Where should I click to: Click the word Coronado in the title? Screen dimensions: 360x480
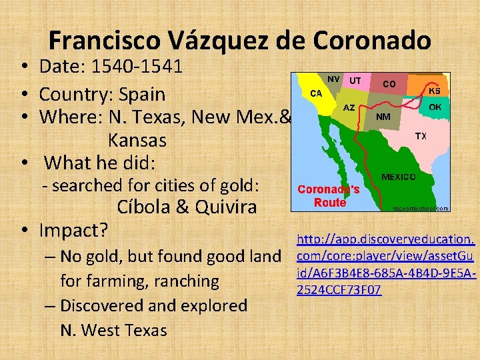(x=371, y=41)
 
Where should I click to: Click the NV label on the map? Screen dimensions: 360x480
(x=333, y=79)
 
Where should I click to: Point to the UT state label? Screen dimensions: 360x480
(x=355, y=80)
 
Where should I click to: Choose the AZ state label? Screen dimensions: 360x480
(x=349, y=107)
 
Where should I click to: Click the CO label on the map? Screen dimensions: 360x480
(x=389, y=84)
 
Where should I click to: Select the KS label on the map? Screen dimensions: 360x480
(x=434, y=90)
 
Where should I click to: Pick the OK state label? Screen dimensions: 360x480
(x=435, y=107)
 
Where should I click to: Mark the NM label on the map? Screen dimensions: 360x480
(x=384, y=115)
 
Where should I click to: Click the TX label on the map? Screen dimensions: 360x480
(x=421, y=136)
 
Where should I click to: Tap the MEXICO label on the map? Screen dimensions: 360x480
(x=399, y=177)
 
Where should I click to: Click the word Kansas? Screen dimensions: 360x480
(x=137, y=141)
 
